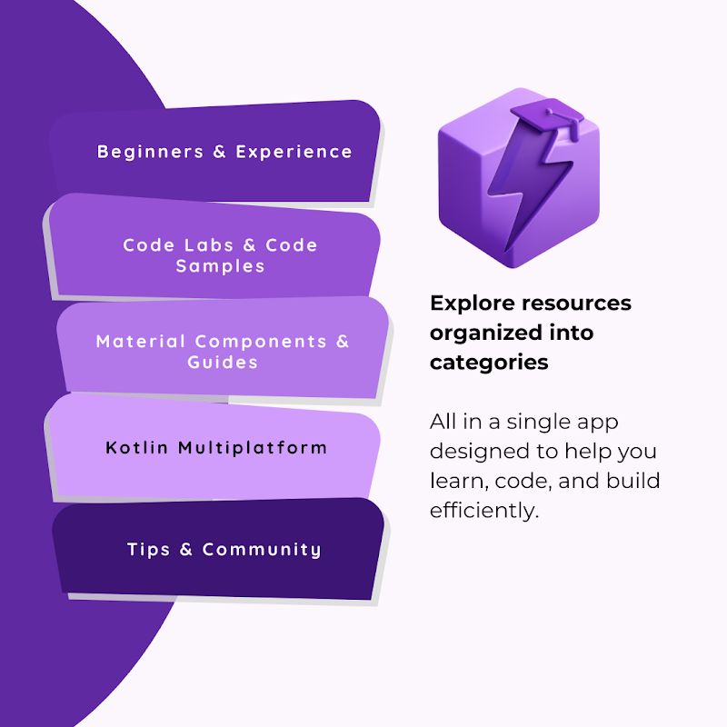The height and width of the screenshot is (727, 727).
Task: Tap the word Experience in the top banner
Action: (294, 152)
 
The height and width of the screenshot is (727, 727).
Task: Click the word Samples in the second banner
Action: (221, 266)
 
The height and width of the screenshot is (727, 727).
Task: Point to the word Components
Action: (261, 342)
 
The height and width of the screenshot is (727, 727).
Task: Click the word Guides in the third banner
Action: (223, 363)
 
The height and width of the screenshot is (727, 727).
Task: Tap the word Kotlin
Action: (137, 448)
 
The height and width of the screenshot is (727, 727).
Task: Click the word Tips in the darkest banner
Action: (149, 550)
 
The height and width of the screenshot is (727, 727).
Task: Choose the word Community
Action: (262, 550)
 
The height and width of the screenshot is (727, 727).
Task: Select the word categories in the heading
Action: (489, 363)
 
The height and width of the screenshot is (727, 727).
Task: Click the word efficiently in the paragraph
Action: (484, 510)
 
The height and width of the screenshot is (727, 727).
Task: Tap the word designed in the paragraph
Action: (478, 452)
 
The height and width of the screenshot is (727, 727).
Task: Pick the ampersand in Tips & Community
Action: (187, 550)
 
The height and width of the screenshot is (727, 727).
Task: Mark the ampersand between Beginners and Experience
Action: (219, 152)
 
